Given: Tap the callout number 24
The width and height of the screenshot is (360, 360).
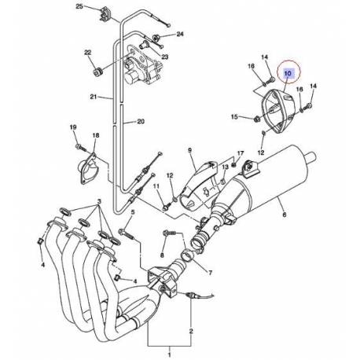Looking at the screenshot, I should tap(179, 35).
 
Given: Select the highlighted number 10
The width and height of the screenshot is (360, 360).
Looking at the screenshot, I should tap(287, 73).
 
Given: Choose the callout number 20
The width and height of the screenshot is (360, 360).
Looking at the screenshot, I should tap(141, 122).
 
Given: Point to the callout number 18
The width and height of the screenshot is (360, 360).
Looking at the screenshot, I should tap(96, 137).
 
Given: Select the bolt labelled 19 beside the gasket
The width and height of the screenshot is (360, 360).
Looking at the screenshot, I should tap(79, 145).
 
